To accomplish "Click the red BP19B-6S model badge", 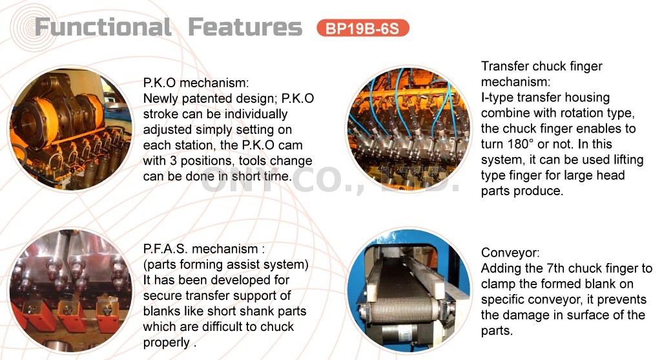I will tap(363, 28).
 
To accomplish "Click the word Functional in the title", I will tap(103, 27).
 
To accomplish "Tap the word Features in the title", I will tap(245, 27).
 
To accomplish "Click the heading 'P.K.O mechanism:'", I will tap(196, 83).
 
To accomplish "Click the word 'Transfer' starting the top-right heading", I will tap(505, 67).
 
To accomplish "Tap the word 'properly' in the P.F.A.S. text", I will tap(167, 342).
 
